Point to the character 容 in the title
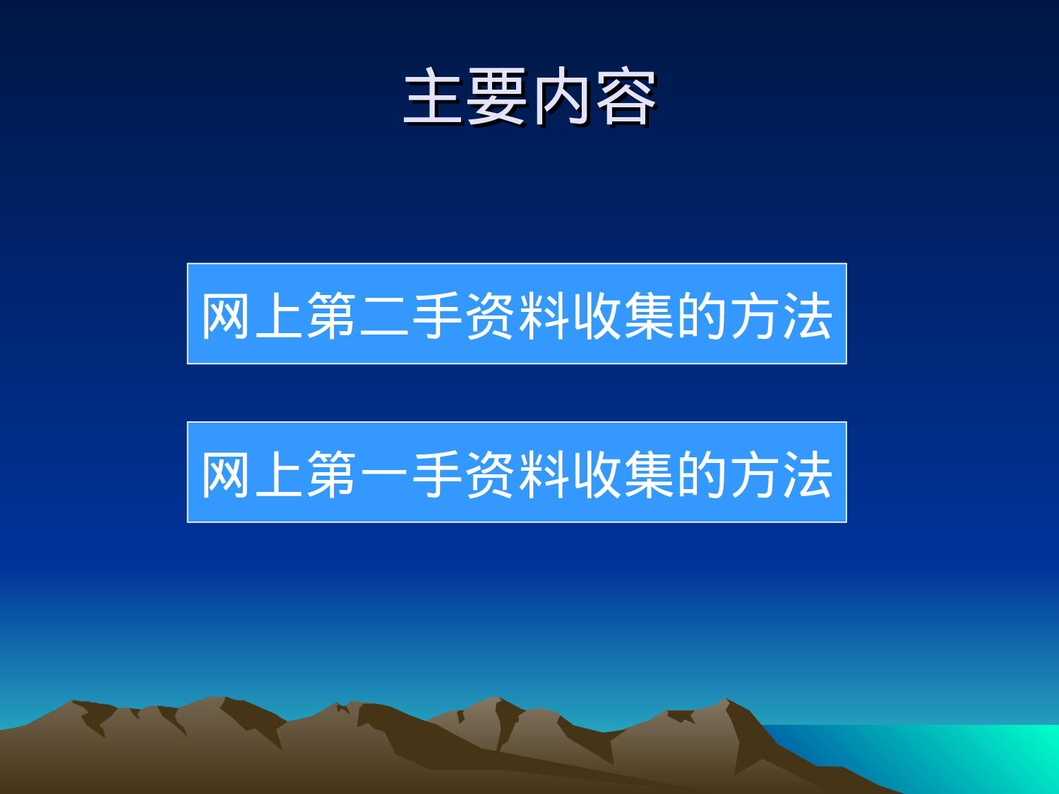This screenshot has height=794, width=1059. point(626,97)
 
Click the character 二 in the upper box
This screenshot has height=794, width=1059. point(385,315)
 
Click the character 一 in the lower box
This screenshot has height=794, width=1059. point(385,474)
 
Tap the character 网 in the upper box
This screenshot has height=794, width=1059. point(227,315)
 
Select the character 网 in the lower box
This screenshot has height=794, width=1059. point(227,474)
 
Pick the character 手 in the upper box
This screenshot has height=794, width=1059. point(438,315)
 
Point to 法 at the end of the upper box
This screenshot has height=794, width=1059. point(807,315)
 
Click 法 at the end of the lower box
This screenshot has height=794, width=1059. point(807,474)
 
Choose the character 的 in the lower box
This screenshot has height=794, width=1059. point(702,474)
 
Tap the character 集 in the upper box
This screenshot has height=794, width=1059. point(649,315)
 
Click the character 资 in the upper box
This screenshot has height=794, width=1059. point(491,315)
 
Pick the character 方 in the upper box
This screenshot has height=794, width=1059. point(755,315)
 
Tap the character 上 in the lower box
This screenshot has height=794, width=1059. point(280,474)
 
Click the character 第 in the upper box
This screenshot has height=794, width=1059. point(332,315)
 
